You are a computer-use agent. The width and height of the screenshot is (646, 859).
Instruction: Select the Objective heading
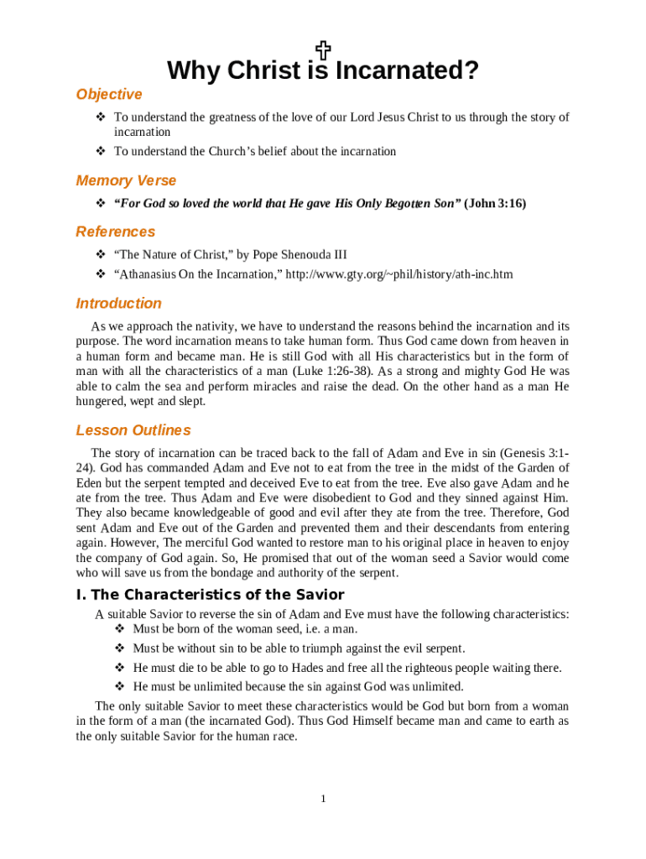(109, 95)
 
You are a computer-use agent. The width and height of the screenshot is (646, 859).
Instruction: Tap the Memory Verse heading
(126, 181)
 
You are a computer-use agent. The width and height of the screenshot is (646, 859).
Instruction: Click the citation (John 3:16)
(495, 204)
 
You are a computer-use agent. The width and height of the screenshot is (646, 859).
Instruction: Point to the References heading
(116, 232)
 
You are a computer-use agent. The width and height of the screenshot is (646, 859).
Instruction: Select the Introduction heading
(118, 304)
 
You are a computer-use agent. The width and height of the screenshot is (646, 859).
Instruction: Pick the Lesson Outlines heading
(133, 431)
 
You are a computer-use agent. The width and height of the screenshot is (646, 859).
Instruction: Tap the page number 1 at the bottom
(323, 799)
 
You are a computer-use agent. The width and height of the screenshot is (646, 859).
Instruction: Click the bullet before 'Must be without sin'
(118, 648)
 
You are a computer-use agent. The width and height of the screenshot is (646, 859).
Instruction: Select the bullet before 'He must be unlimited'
(118, 687)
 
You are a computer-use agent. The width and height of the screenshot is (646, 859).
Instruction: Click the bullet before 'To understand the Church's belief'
(100, 152)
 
